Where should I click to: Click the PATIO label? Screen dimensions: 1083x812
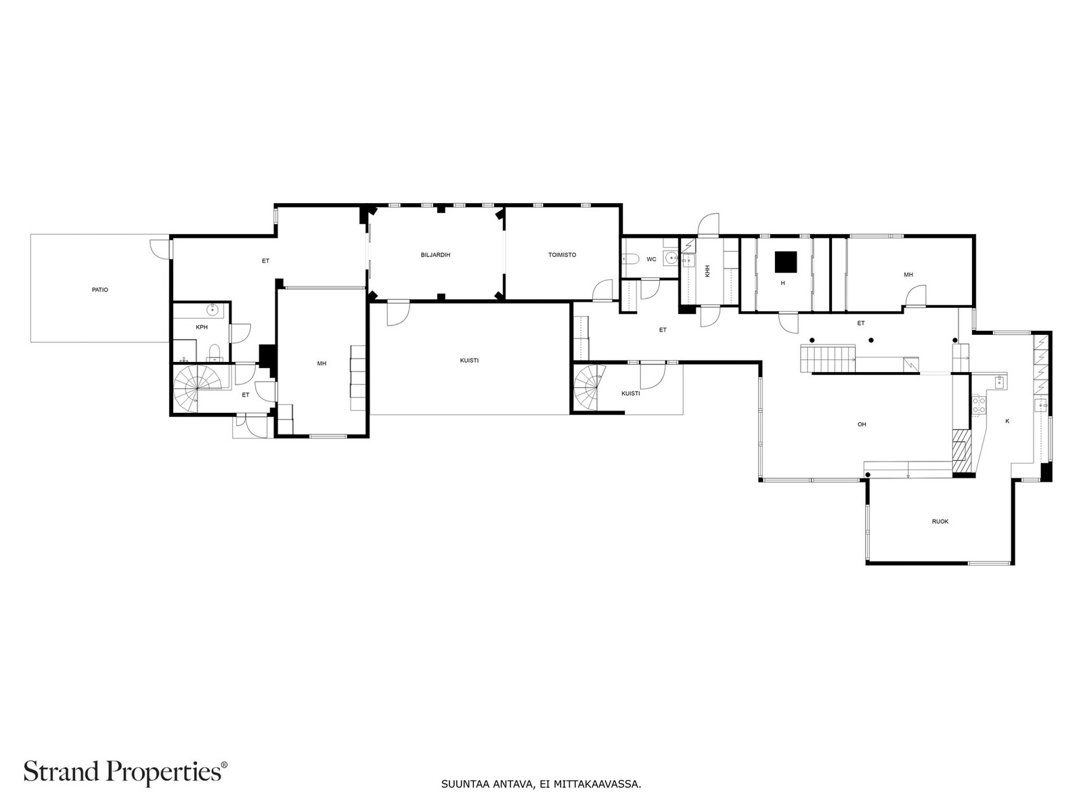pos(100,290)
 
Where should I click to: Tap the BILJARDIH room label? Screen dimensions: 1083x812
pos(435,255)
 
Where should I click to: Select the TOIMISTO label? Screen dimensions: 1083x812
pos(562,255)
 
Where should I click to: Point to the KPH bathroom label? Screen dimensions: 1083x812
pos(202,328)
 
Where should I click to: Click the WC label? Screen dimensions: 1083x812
pos(651,259)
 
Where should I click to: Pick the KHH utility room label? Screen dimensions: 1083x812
pos(707,271)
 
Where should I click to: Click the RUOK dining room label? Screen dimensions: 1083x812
pos(940,522)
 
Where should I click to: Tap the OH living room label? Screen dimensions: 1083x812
pos(862,424)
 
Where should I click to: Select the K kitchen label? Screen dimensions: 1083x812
pos(1007,421)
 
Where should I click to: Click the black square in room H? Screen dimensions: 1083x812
pos(785,262)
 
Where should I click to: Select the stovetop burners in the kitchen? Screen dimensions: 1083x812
pos(979,405)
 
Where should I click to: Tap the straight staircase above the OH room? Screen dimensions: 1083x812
pos(827,359)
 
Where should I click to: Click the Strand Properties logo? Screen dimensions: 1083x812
pos(126,771)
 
